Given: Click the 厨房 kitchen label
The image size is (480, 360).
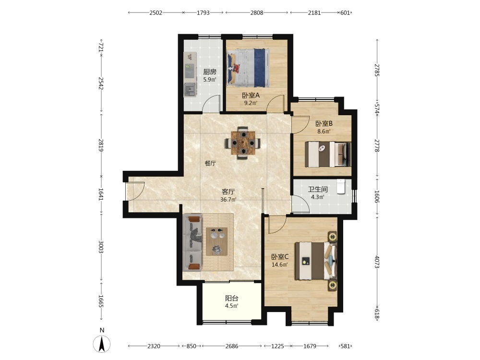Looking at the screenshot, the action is [210, 72].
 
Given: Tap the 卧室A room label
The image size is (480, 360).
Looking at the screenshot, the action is [251, 95].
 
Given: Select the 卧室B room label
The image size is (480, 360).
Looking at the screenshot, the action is [324, 124].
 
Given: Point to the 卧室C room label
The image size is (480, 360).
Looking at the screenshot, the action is [280, 257].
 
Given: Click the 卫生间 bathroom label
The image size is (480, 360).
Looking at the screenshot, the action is [318, 190].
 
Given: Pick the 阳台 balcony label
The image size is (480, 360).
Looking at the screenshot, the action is [232, 298].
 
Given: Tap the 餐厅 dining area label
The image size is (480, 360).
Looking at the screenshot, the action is [210, 163].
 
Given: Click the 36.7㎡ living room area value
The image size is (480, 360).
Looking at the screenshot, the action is [228, 200].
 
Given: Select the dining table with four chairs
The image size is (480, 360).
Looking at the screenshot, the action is [243, 143].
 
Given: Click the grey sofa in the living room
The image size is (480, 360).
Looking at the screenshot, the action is [192, 243].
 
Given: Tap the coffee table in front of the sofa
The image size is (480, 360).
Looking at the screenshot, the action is [217, 241].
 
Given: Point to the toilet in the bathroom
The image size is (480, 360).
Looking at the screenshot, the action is [341, 186].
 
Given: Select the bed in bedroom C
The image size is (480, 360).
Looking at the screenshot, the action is [316, 261].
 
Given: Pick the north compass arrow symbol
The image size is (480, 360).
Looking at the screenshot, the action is [102, 344].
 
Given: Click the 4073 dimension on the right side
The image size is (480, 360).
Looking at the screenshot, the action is [377, 262].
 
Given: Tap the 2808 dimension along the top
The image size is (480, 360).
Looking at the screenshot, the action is [256, 12].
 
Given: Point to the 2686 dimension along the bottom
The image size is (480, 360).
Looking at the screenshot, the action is [232, 346].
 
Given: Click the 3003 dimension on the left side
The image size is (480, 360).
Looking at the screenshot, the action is [101, 247].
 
